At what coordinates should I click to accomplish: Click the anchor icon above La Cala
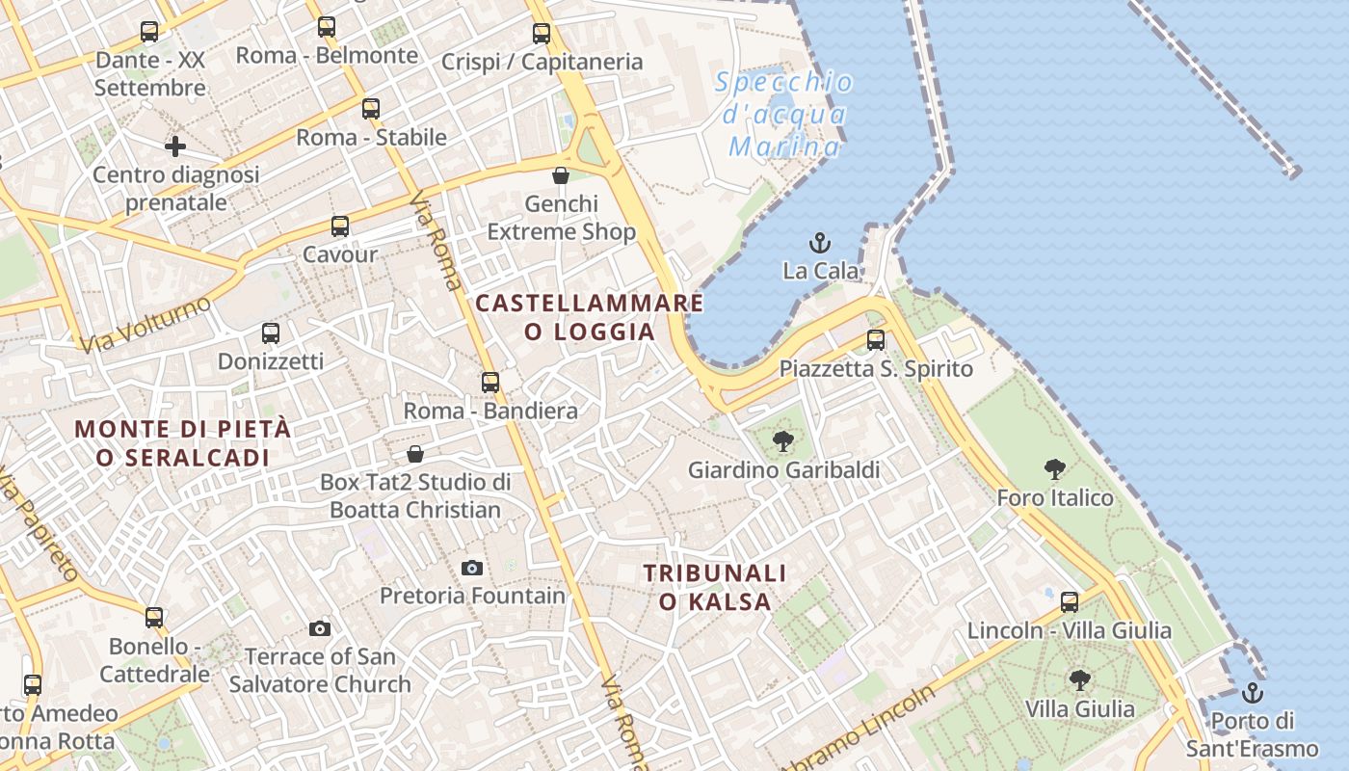point(820,242)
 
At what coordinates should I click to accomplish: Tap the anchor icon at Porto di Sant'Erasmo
point(1252,692)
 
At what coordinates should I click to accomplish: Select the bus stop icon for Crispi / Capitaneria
point(542,34)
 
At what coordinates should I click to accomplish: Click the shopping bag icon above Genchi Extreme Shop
point(561,175)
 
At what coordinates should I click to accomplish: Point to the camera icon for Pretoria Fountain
point(472,568)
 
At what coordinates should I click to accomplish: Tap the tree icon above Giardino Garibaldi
point(782,441)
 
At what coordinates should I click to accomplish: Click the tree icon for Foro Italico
point(1055,469)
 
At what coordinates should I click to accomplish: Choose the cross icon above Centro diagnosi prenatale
point(175,146)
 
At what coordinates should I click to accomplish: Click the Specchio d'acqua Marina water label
point(784,115)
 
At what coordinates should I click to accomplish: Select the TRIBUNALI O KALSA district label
point(715,588)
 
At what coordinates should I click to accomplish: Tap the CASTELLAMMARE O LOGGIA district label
point(590,317)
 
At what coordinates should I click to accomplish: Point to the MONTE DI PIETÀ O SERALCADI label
point(183,443)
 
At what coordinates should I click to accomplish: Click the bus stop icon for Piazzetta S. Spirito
point(876,340)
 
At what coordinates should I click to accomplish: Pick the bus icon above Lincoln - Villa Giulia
point(1070,602)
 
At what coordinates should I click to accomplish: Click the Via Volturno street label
point(145,325)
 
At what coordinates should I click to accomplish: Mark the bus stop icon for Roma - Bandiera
point(490,383)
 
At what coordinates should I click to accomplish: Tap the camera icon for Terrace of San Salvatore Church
point(320,629)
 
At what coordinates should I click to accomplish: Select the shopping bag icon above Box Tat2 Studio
point(415,453)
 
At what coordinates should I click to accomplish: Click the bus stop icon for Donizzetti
point(271,333)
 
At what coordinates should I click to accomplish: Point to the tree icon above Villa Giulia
point(1080,680)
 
